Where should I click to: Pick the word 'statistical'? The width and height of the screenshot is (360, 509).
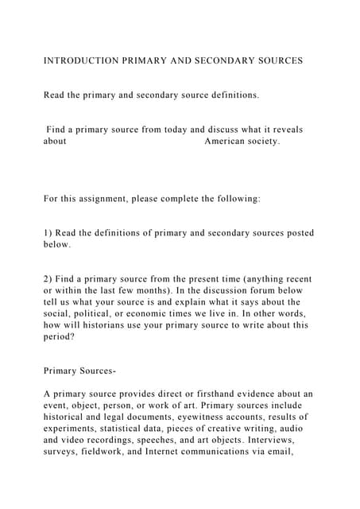coord(131,429)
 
